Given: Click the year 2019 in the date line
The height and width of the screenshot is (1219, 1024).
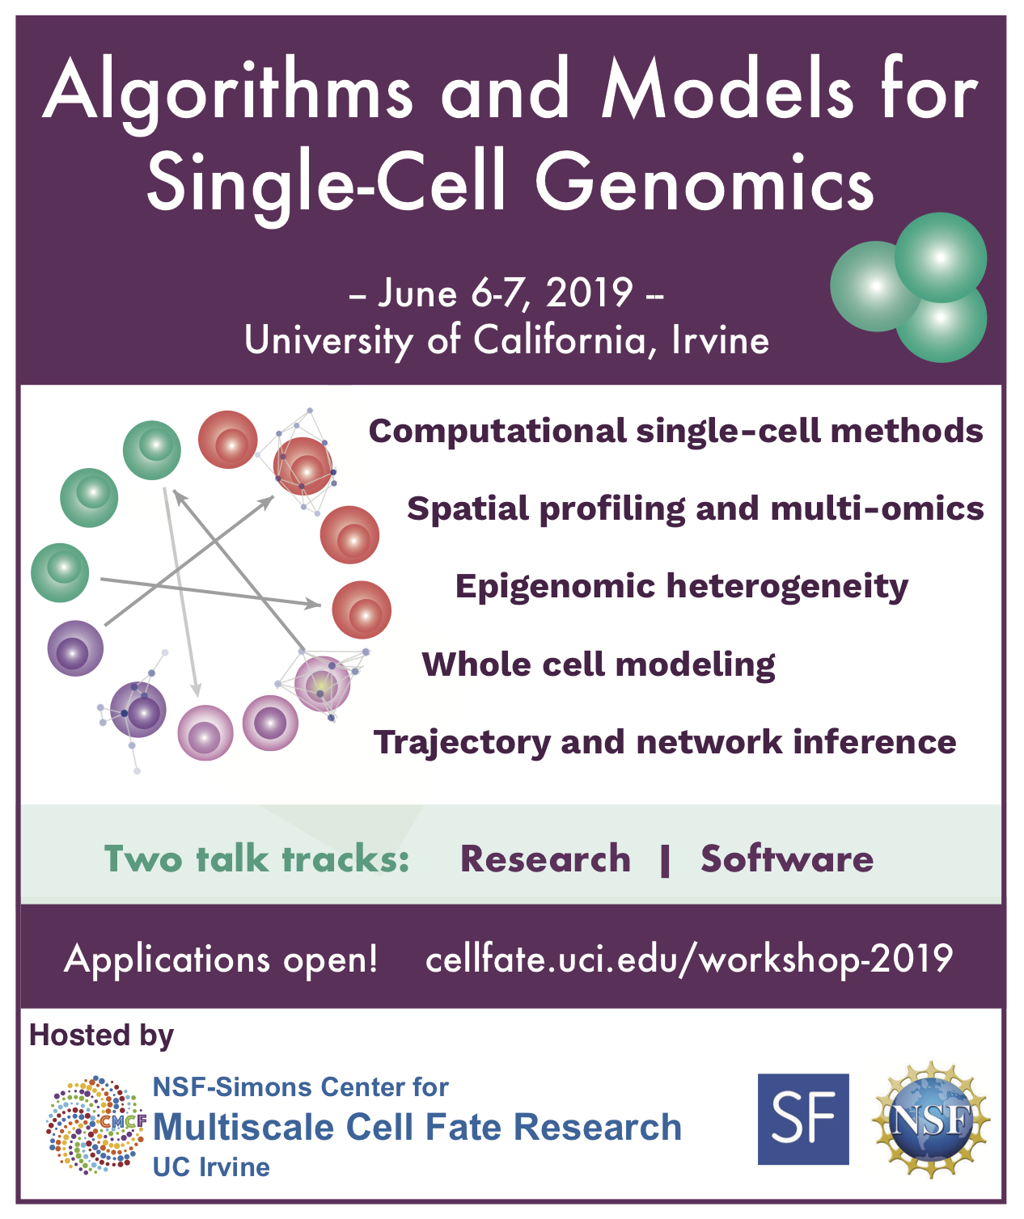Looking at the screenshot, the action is point(590,293).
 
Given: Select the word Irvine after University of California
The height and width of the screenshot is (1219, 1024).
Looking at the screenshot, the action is point(720,340).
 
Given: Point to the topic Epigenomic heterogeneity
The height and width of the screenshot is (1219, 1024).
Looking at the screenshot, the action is point(682,588).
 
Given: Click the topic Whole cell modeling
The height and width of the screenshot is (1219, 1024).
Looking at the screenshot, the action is point(599,665).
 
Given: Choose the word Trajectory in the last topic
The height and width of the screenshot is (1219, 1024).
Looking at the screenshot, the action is point(462,743).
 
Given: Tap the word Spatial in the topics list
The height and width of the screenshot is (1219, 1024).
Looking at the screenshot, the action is point(468,509).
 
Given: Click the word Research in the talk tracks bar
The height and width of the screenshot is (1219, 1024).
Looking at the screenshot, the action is point(546,858).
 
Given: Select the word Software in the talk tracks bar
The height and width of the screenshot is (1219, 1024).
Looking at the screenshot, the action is point(787,858).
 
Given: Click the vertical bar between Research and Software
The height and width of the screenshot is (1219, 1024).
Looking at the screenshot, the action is point(665,862).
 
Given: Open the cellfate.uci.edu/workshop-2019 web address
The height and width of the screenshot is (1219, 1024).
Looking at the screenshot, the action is point(688,959).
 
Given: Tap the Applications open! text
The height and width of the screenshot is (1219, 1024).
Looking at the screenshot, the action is point(221,960).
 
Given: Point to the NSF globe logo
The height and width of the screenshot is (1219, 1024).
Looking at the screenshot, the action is point(930,1119).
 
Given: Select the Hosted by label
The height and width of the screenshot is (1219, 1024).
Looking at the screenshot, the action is point(102,1036).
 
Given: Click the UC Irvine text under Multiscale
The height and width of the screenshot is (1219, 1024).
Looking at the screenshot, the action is point(211,1167).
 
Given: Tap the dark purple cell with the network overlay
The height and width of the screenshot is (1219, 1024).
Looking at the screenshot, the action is point(138,710).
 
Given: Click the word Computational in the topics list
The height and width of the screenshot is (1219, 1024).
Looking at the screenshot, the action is point(497,432).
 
